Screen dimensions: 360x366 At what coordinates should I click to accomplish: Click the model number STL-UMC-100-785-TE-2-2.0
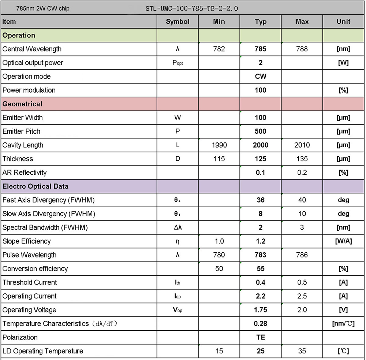click(x=192, y=8)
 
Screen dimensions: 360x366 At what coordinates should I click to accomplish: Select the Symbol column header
click(x=178, y=22)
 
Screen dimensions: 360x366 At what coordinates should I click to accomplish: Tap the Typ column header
click(x=261, y=22)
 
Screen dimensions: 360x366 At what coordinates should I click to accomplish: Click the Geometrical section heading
click(x=22, y=104)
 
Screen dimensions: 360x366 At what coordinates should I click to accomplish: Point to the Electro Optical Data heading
click(x=35, y=186)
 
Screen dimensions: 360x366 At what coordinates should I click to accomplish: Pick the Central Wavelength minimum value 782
click(x=219, y=49)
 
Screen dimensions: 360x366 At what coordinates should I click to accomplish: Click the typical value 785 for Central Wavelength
click(x=261, y=49)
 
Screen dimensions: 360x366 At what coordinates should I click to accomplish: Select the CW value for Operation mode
click(x=261, y=77)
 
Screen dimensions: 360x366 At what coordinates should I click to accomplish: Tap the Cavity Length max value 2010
click(x=302, y=145)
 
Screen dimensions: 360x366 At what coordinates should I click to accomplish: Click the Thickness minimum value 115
click(x=219, y=159)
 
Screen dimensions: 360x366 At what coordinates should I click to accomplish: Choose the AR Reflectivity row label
click(x=25, y=172)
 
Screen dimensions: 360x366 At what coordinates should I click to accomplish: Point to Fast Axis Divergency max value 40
click(x=302, y=200)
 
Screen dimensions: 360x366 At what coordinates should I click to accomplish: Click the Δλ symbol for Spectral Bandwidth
click(x=178, y=227)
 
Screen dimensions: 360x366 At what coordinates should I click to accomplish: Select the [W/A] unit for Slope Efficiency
click(x=343, y=241)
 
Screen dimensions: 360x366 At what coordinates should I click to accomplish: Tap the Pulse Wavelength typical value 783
click(x=261, y=255)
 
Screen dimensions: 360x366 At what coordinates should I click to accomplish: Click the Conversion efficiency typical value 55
click(x=261, y=269)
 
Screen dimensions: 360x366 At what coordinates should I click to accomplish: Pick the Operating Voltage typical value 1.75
click(x=261, y=310)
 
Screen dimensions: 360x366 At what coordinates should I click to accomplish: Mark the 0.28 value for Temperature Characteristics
click(x=261, y=324)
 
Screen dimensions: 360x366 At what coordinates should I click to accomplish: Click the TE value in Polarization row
click(x=261, y=337)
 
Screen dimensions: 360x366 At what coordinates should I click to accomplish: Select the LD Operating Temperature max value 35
click(x=302, y=351)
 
